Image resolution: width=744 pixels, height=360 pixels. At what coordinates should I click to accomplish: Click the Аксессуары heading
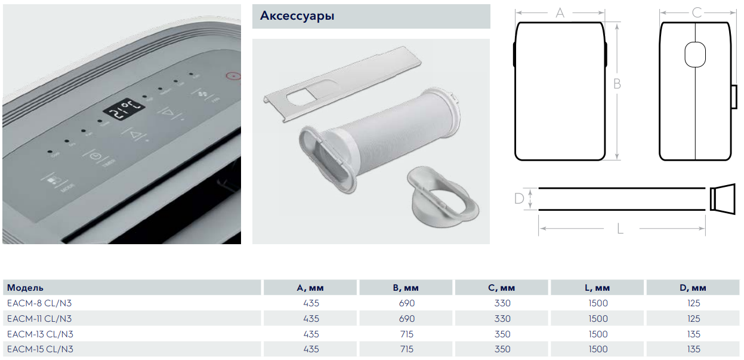[297, 16]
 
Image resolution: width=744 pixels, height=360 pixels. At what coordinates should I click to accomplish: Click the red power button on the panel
[232, 76]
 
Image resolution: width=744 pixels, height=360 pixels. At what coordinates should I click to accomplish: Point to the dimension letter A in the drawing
[560, 13]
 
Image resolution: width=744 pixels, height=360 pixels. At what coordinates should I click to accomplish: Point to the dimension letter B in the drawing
[617, 84]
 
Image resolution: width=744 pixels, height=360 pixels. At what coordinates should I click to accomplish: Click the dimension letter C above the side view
[696, 13]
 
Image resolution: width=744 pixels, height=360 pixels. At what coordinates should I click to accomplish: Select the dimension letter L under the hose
[620, 229]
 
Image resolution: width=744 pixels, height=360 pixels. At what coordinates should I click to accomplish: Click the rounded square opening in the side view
[696, 55]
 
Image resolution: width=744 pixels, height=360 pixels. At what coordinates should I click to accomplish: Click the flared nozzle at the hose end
[723, 198]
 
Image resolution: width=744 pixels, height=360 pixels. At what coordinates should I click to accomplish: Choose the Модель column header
[25, 288]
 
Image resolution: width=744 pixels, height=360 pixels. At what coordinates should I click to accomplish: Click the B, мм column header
[406, 288]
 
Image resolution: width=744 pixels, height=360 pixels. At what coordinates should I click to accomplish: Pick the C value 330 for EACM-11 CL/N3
[502, 319]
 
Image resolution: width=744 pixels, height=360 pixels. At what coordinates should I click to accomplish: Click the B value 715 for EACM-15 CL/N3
[406, 349]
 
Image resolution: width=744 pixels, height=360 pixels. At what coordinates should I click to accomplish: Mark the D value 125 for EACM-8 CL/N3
[694, 303]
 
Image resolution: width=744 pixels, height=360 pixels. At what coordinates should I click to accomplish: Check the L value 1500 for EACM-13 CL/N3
[598, 334]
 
